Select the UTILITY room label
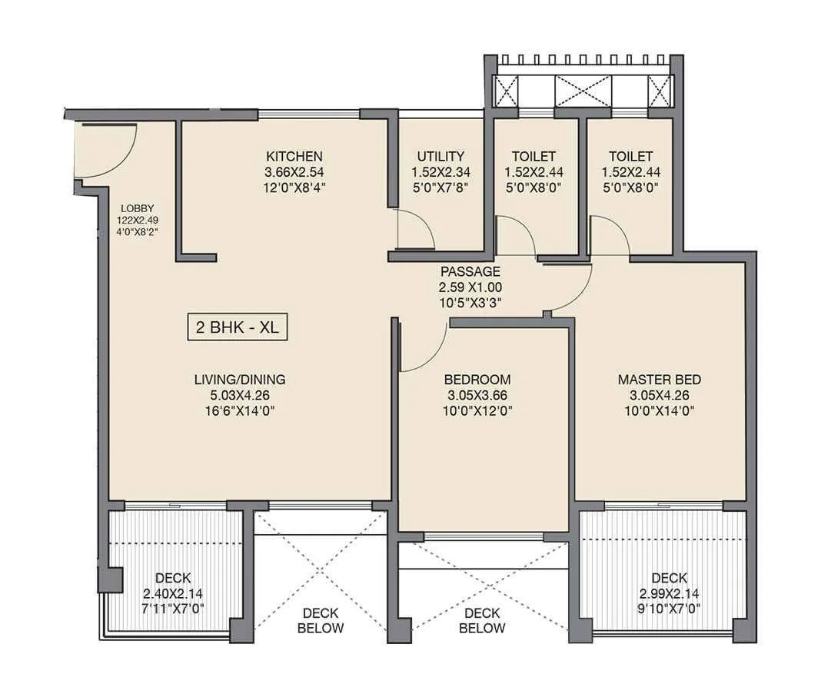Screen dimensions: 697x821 pos(440,156)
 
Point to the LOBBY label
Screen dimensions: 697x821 pos(138,208)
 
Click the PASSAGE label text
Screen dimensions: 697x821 pos(470,271)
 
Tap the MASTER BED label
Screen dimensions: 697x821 pos(659,380)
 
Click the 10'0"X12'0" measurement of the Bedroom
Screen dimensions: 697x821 pos(477,410)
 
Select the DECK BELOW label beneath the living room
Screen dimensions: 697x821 pos(322,620)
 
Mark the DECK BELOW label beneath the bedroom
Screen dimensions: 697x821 pos(482,620)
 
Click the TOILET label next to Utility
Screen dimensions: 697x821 pos(530,156)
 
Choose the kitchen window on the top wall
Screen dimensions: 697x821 pos(308,114)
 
